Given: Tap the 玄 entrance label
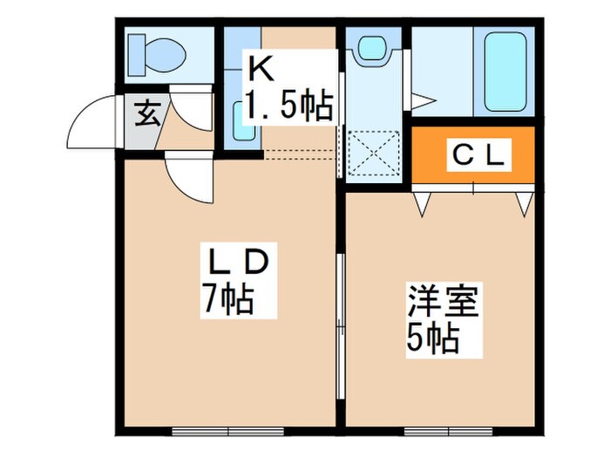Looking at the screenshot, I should [146, 114].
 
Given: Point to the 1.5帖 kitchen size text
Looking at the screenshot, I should [288, 107].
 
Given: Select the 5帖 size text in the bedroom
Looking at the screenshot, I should [433, 338].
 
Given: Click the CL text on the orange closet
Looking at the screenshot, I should [477, 157].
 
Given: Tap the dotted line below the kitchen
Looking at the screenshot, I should [299, 154].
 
